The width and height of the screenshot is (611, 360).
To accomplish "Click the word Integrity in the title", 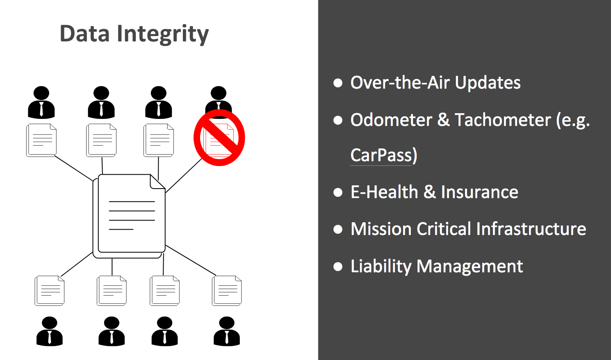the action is tap(163, 34).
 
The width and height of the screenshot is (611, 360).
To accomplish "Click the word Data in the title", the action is tap(84, 34).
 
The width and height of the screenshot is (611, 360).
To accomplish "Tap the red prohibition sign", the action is tap(219, 137).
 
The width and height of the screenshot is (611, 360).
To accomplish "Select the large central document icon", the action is tap(129, 216).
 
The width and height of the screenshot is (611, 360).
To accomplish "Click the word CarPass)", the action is tap(384, 155).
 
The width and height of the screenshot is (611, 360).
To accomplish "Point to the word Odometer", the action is tap(392, 120).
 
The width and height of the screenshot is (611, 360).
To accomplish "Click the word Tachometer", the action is tap(503, 120).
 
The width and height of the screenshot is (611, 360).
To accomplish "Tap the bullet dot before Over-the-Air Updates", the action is tap(338, 83).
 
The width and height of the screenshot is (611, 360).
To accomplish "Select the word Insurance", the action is tap(479, 192).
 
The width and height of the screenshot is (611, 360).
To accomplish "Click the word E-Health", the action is tap(384, 192).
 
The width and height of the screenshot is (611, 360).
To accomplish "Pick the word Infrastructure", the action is tap(531, 229).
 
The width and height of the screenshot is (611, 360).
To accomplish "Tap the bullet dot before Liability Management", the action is tap(338, 267).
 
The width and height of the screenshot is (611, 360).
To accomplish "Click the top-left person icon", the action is tap(41, 102).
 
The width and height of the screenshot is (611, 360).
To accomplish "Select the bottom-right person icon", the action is tap(227, 331).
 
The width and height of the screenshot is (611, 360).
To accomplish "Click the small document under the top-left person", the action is tap(41, 140).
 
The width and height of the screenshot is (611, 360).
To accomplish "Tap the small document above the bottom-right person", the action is tap(227, 291).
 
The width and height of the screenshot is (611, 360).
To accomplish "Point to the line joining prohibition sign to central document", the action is tap(184, 175).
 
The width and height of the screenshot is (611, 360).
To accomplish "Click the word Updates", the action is tap(488, 83).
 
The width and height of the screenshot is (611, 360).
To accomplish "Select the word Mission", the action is tap(381, 229).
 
